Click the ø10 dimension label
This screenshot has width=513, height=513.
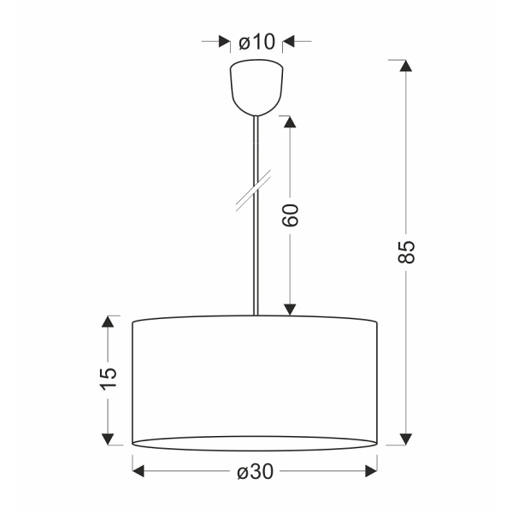click(x=257, y=40)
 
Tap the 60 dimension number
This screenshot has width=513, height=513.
click(x=290, y=215)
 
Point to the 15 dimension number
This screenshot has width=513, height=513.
click(x=108, y=378)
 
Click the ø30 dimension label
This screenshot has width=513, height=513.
click(x=256, y=471)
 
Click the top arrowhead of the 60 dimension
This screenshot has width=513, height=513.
click(x=290, y=122)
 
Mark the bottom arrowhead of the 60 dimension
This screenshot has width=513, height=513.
click(x=290, y=309)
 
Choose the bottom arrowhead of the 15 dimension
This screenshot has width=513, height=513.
click(x=108, y=439)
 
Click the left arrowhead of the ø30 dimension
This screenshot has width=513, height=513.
click(x=139, y=471)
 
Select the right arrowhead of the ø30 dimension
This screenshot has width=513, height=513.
click(x=371, y=471)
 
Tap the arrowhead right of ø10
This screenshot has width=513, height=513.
click(x=288, y=40)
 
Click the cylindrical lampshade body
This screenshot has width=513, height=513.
click(x=255, y=380)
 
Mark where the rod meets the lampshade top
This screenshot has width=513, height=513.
click(x=255, y=315)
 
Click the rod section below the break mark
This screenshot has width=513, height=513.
click(x=255, y=256)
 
